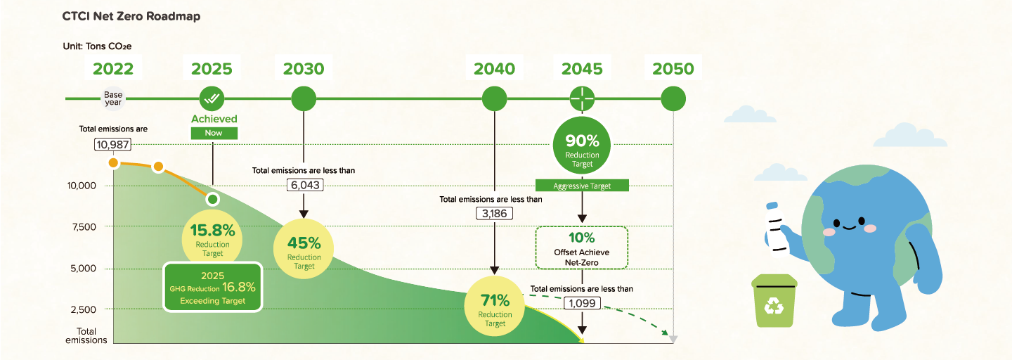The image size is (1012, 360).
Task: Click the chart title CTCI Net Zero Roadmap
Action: [131, 16]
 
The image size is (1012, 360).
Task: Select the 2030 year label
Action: [304, 69]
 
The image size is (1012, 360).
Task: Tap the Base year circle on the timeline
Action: [113, 98]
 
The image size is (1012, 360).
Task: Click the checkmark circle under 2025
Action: [212, 98]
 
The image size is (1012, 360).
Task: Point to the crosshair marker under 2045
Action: [582, 98]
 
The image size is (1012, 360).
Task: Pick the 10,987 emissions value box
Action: [113, 145]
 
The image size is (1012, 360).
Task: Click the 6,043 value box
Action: [305, 185]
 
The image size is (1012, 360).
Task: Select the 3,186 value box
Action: [494, 214]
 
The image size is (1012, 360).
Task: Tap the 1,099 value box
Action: [582, 303]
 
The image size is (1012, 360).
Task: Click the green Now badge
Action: [214, 133]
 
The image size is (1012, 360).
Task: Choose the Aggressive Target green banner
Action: [582, 186]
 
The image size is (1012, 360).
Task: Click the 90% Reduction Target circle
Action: [582, 145]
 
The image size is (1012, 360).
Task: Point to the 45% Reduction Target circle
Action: [304, 249]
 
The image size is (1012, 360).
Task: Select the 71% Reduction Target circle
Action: [495, 306]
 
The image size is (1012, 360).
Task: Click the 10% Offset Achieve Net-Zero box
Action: [582, 247]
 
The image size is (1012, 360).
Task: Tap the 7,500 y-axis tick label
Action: [84, 227]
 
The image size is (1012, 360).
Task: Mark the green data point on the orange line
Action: [213, 199]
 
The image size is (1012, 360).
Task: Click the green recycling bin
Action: [774, 300]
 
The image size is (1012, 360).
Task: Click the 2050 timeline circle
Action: [673, 98]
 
